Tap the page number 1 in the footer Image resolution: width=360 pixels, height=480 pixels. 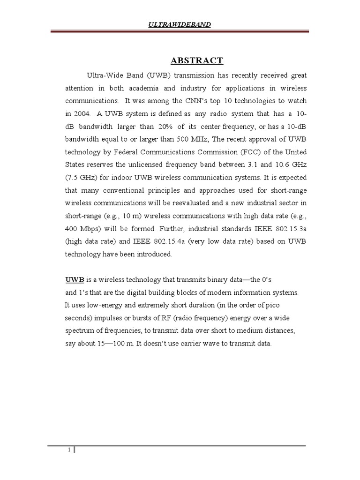pyautogui.click(x=69, y=450)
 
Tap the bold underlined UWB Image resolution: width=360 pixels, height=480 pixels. pyautogui.click(x=74, y=280)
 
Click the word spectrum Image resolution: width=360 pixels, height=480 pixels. pyautogui.click(x=79, y=330)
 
